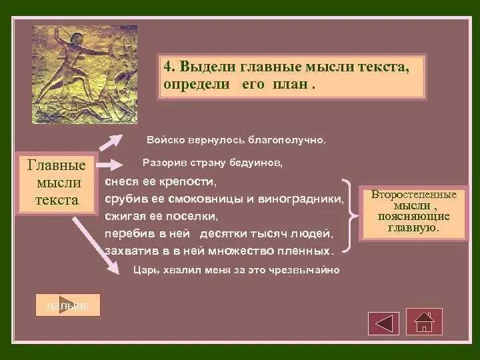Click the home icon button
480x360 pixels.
tap(424, 322)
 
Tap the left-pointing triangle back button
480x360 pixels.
tap(383, 323)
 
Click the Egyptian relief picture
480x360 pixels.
tap(85, 75)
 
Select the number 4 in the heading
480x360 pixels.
tap(167, 67)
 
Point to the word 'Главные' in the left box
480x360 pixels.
tap(56, 165)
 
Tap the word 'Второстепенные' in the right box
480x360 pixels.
tap(413, 195)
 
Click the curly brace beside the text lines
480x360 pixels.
tap(349, 216)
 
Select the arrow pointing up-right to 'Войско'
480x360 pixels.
tap(111, 142)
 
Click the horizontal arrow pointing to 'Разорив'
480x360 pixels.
tap(109, 165)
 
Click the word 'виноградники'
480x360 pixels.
tap(301, 199)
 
